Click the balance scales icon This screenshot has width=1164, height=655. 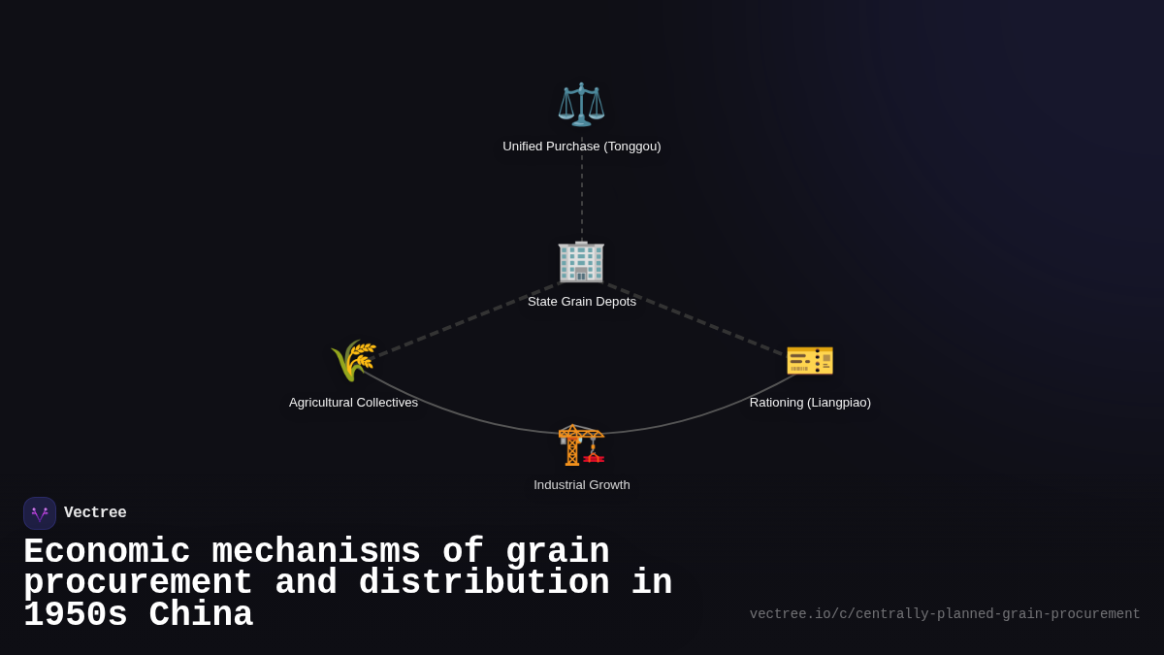[581, 105]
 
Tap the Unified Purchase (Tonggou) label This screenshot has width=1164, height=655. [582, 147]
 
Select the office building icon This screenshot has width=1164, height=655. [581, 261]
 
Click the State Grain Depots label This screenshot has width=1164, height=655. [582, 302]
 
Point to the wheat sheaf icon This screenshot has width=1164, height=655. [353, 361]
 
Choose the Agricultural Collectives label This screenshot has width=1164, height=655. [353, 403]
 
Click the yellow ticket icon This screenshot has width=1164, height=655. [810, 359]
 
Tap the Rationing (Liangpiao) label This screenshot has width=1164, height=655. [810, 403]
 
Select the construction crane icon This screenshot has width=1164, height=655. [581, 444]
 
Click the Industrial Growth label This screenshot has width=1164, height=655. [582, 485]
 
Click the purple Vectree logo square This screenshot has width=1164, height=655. [40, 513]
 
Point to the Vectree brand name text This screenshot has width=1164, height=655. [95, 513]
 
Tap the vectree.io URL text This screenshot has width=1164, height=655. [945, 614]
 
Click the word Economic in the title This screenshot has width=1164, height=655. [107, 551]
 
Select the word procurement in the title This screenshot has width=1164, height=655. [138, 583]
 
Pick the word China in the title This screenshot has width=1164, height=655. [202, 615]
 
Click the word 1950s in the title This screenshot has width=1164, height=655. [76, 615]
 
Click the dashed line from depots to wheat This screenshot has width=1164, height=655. [466, 320]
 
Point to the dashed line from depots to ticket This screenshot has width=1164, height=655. [694, 319]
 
